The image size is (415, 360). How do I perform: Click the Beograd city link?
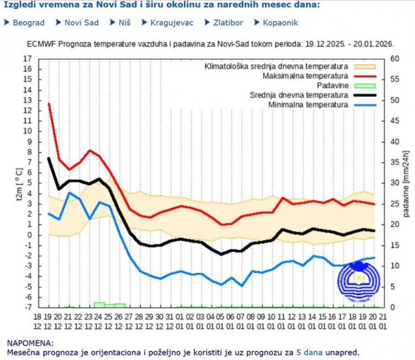tap(27, 23)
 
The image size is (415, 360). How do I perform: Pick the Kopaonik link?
tap(280, 23)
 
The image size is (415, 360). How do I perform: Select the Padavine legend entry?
tap(332, 86)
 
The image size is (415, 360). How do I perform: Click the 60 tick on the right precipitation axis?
tap(395, 59)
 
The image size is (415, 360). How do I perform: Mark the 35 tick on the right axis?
tap(395, 162)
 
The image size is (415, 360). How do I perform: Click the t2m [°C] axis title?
tap(19, 183)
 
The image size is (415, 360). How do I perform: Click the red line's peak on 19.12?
tap(49, 103)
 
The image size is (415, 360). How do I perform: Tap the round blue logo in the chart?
tap(358, 280)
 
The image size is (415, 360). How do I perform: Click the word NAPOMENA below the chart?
tap(31, 342)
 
